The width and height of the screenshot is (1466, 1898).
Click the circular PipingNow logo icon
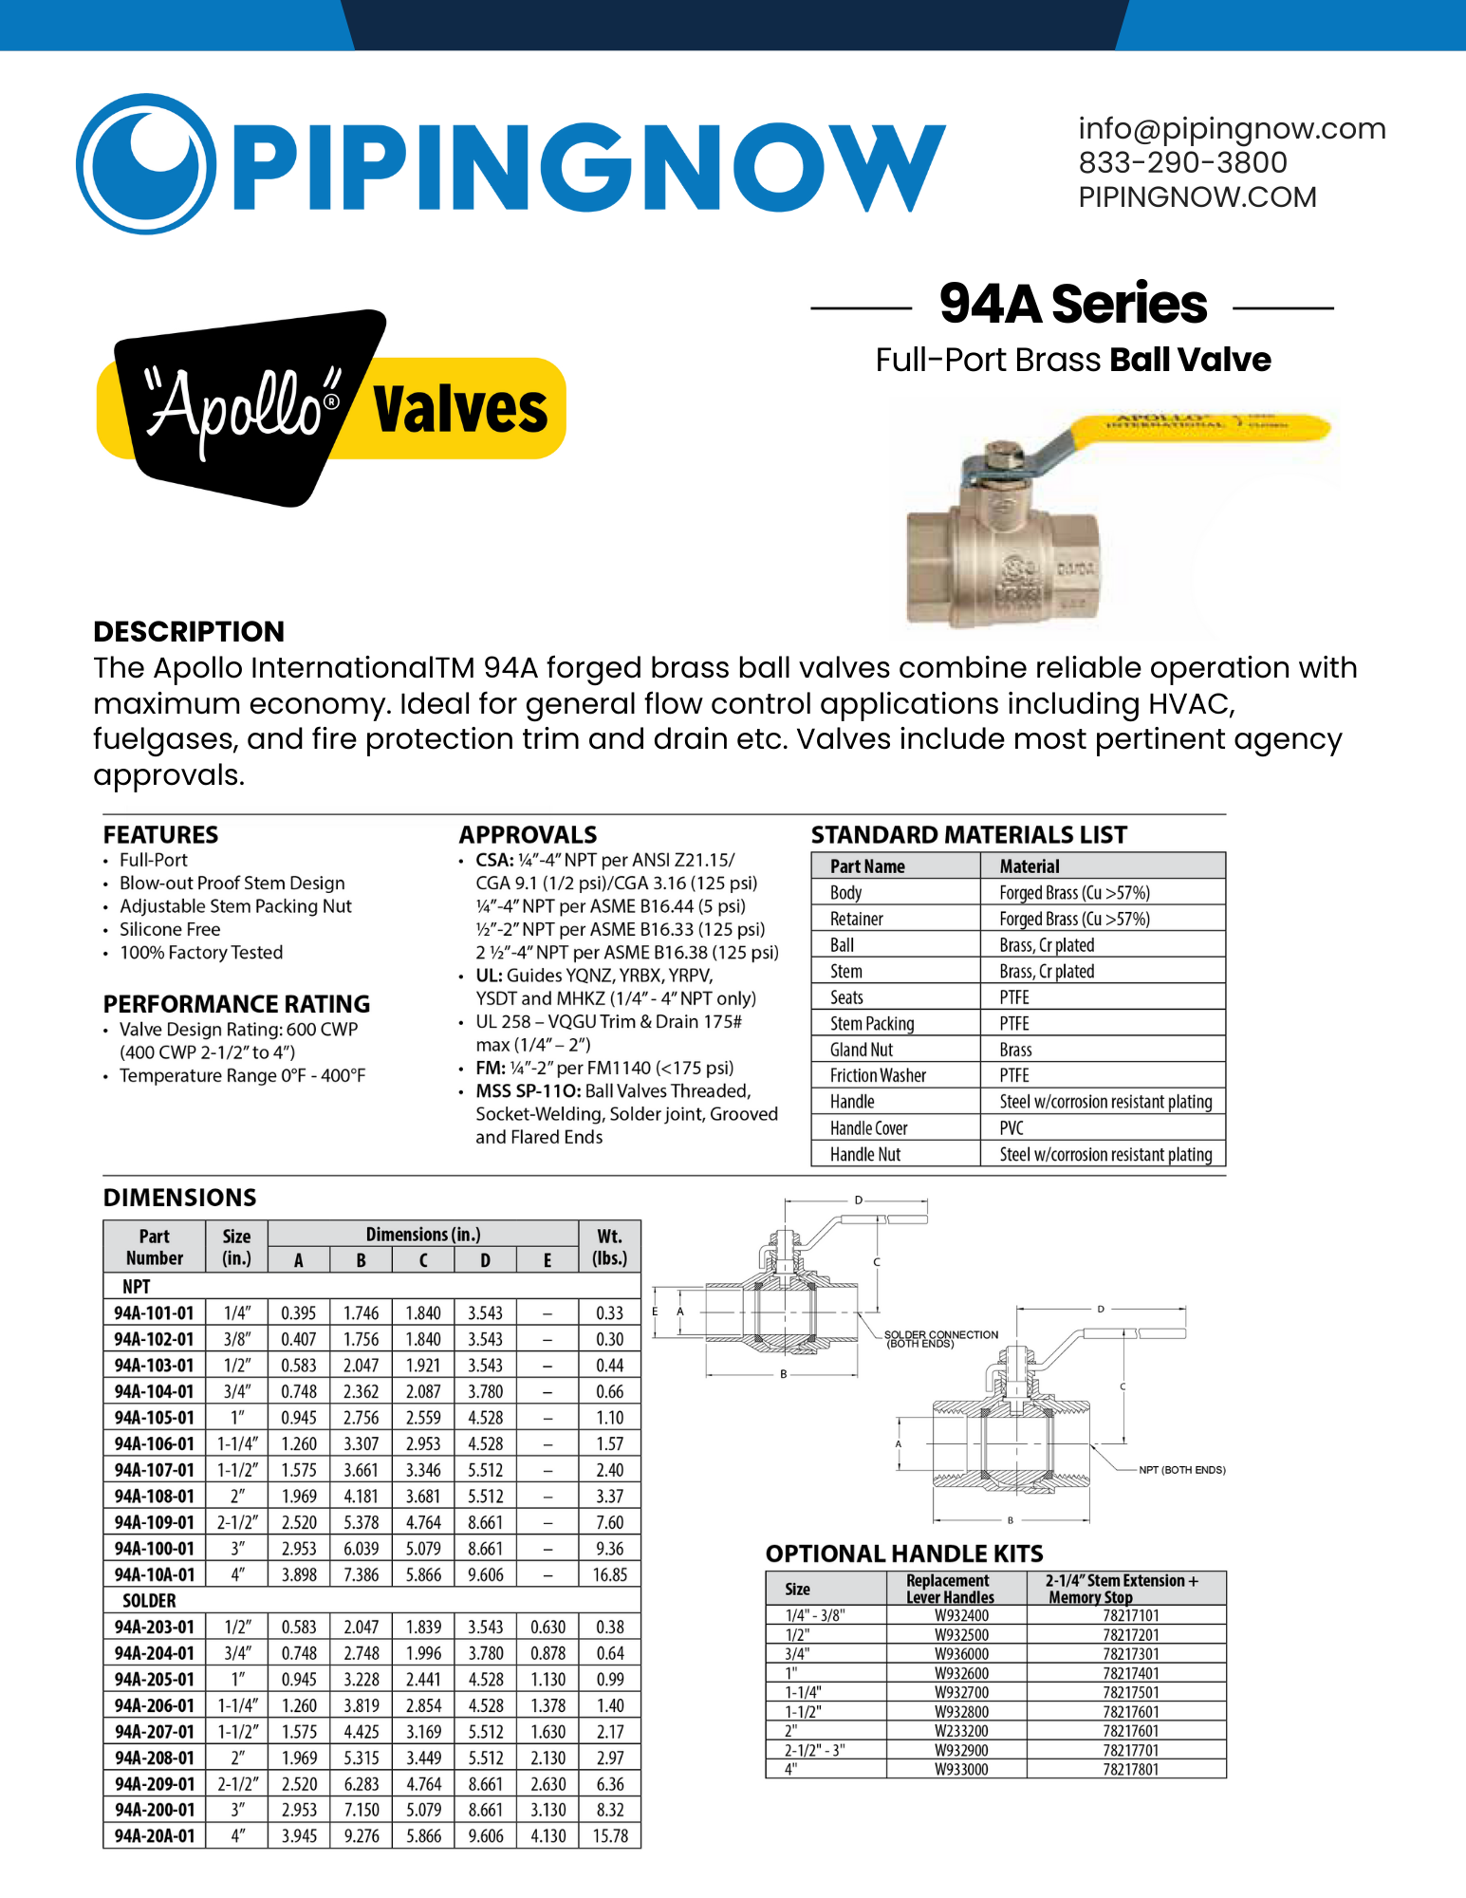pyautogui.click(x=146, y=163)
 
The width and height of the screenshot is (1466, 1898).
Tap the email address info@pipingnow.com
pyautogui.click(x=1232, y=129)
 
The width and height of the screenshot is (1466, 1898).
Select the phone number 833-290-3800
pyautogui.click(x=1182, y=163)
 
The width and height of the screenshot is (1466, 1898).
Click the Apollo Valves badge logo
pyautogui.click(x=332, y=408)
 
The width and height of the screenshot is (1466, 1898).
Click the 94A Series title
pyautogui.click(x=1072, y=305)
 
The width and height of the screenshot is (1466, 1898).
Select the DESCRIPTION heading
pyautogui.click(x=189, y=632)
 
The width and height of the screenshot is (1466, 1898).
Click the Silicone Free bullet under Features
pyautogui.click(x=170, y=930)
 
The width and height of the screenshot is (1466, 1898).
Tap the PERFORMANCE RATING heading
pyautogui.click(x=236, y=1004)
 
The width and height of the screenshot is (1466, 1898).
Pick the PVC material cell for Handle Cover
pyautogui.click(x=1011, y=1128)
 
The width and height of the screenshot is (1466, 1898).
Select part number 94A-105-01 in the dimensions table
pyautogui.click(x=154, y=1418)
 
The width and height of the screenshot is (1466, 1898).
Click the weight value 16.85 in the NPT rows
pyautogui.click(x=609, y=1575)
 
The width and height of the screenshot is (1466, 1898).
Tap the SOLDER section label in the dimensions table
pyautogui.click(x=149, y=1601)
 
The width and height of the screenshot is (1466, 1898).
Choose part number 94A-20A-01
pyautogui.click(x=154, y=1836)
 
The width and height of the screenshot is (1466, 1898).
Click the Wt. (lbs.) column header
pyautogui.click(x=609, y=1247)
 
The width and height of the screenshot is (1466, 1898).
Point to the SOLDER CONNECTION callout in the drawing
pyautogui.click(x=939, y=1338)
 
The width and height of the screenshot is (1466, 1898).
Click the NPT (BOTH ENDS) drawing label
pyautogui.click(x=1181, y=1470)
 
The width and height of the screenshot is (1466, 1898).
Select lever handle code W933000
pyautogui.click(x=961, y=1769)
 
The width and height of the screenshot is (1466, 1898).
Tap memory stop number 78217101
pyautogui.click(x=1131, y=1615)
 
